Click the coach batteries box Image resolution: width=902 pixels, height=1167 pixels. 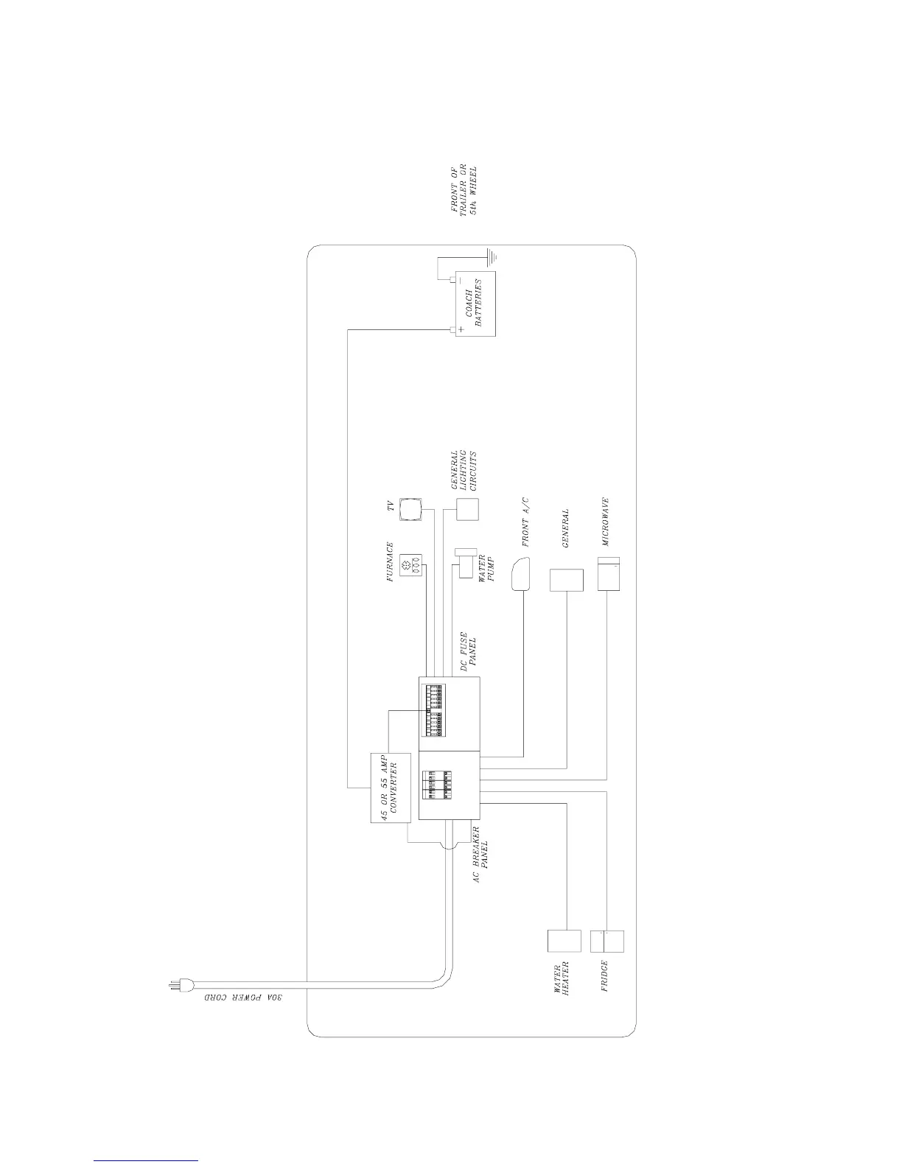coord(475,304)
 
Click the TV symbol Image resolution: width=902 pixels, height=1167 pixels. coord(410,509)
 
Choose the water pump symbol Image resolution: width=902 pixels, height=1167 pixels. coord(466,564)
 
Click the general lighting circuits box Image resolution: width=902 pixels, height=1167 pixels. coord(467,510)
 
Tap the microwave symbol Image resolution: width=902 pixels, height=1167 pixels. coord(610,573)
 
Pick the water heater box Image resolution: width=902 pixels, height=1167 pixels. coord(564,942)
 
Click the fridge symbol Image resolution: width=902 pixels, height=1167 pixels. coord(607,942)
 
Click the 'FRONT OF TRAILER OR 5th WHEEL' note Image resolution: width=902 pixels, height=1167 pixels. coord(469,189)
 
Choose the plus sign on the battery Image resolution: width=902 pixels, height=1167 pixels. coord(461,329)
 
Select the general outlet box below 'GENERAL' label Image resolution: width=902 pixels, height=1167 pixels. coord(566,579)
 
